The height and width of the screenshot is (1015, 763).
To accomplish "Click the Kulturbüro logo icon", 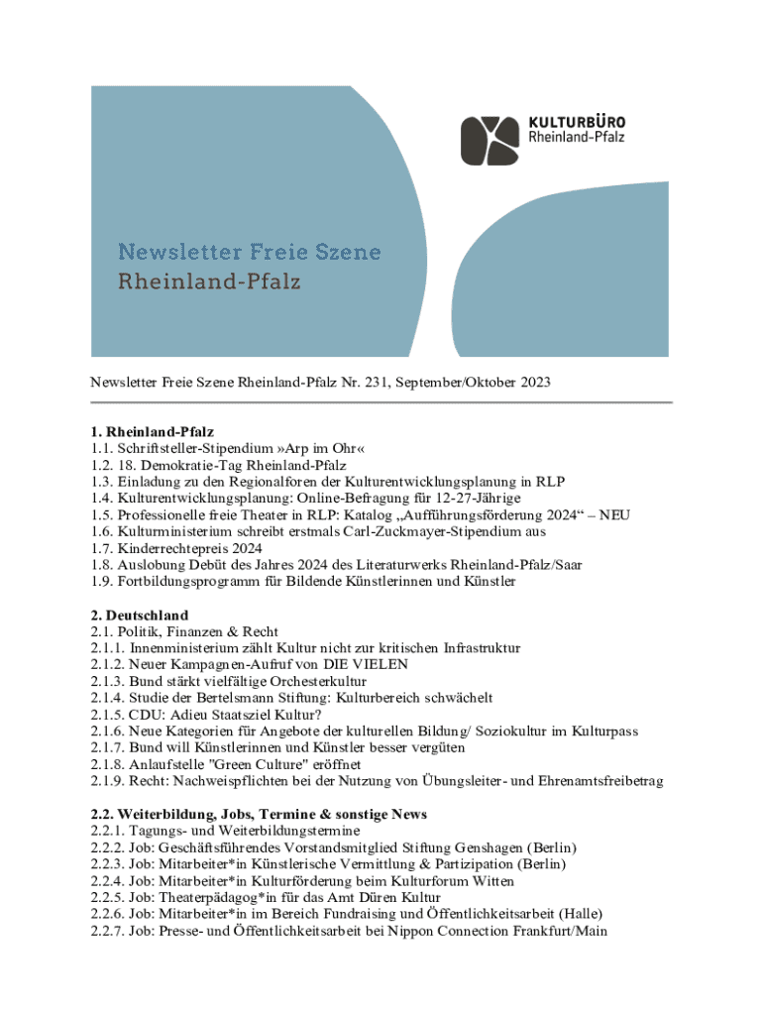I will (490, 140).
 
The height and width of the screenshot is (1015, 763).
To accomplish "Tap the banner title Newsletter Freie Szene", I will (250, 252).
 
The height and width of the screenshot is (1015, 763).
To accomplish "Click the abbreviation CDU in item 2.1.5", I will (146, 714).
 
